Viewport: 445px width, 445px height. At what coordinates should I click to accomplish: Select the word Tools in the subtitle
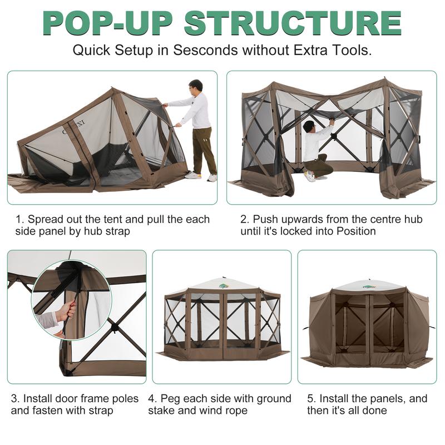[x=349, y=50]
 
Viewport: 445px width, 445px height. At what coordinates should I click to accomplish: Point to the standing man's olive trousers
[x=204, y=147]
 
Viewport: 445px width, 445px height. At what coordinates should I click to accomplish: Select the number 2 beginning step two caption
[x=244, y=219]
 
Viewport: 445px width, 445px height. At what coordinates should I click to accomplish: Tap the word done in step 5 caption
[x=374, y=411]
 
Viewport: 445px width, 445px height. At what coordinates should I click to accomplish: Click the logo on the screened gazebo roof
[x=224, y=286]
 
